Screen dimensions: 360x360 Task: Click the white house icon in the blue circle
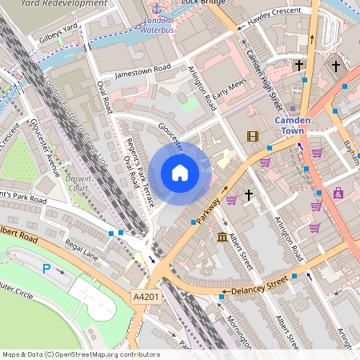coord(180,173)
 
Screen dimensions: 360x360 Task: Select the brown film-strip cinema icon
coord(253,136)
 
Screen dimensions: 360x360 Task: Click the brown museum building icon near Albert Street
coord(222,237)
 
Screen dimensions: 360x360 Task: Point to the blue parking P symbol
coord(46,270)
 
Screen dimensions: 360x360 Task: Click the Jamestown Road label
coord(142,70)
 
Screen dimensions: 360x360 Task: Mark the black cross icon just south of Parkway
coord(249,194)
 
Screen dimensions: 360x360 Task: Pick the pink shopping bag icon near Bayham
coord(338,193)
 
